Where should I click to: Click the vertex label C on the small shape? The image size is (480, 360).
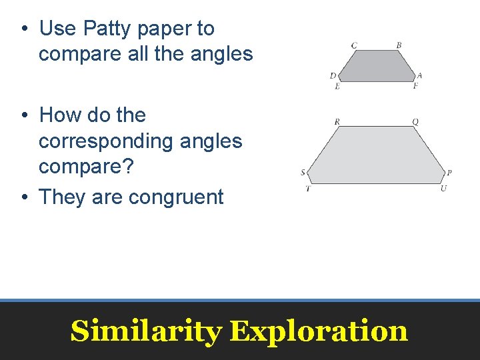point(354,45)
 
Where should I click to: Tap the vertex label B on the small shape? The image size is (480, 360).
point(399,45)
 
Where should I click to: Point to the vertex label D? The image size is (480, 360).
point(333,76)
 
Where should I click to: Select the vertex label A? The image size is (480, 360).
point(419,76)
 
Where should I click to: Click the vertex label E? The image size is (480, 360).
point(337,86)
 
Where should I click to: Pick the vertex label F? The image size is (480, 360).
point(415,86)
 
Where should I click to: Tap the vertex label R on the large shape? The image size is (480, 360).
point(337,122)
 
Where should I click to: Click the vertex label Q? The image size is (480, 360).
point(415,122)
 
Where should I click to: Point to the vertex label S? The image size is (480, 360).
point(303,173)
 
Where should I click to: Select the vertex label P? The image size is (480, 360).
point(449,173)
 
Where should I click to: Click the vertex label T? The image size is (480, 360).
point(307,189)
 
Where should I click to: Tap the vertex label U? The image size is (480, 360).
point(444,189)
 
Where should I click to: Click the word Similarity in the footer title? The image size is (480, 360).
point(146,331)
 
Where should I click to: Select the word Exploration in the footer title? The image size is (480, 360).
point(319,331)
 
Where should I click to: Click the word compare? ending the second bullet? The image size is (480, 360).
point(86,167)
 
